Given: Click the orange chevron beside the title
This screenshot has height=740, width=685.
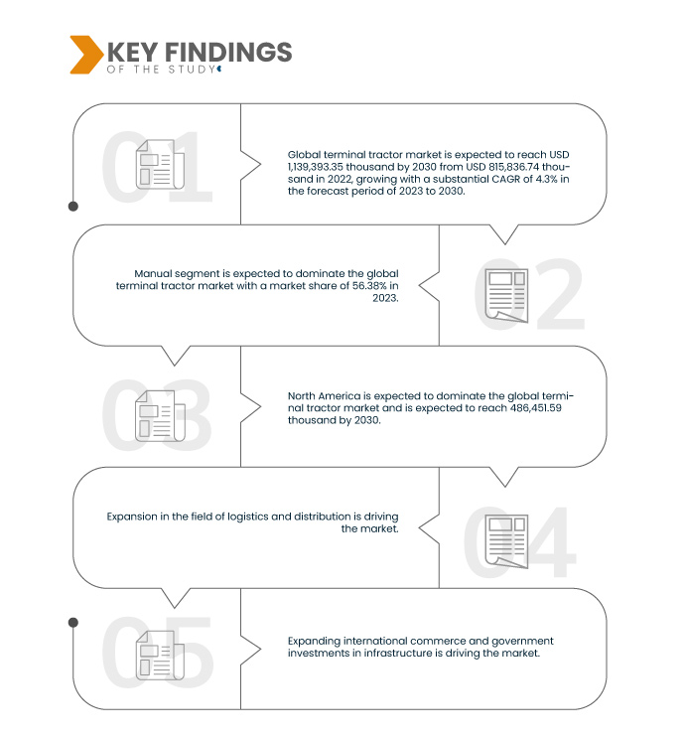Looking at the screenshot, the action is pyautogui.click(x=86, y=55).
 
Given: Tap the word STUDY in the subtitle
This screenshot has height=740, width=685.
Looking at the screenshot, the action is pyautogui.click(x=192, y=70).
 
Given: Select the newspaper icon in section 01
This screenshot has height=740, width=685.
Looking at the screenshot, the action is pyautogui.click(x=160, y=164).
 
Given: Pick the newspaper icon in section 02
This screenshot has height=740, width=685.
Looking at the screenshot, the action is pyautogui.click(x=506, y=295).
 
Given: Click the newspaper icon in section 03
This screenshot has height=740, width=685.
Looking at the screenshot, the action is pyautogui.click(x=160, y=416).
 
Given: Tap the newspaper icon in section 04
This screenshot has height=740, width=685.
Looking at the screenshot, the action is pyautogui.click(x=506, y=541).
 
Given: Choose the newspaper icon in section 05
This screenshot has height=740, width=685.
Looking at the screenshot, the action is pyautogui.click(x=160, y=655).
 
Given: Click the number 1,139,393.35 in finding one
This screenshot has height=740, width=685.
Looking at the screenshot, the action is pyautogui.click(x=316, y=167).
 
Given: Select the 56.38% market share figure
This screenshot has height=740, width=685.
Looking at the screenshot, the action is pyautogui.click(x=369, y=285).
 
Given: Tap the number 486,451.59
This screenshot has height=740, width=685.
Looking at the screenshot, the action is pyautogui.click(x=535, y=408).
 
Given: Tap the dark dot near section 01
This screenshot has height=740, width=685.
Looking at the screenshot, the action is pyautogui.click(x=73, y=207).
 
